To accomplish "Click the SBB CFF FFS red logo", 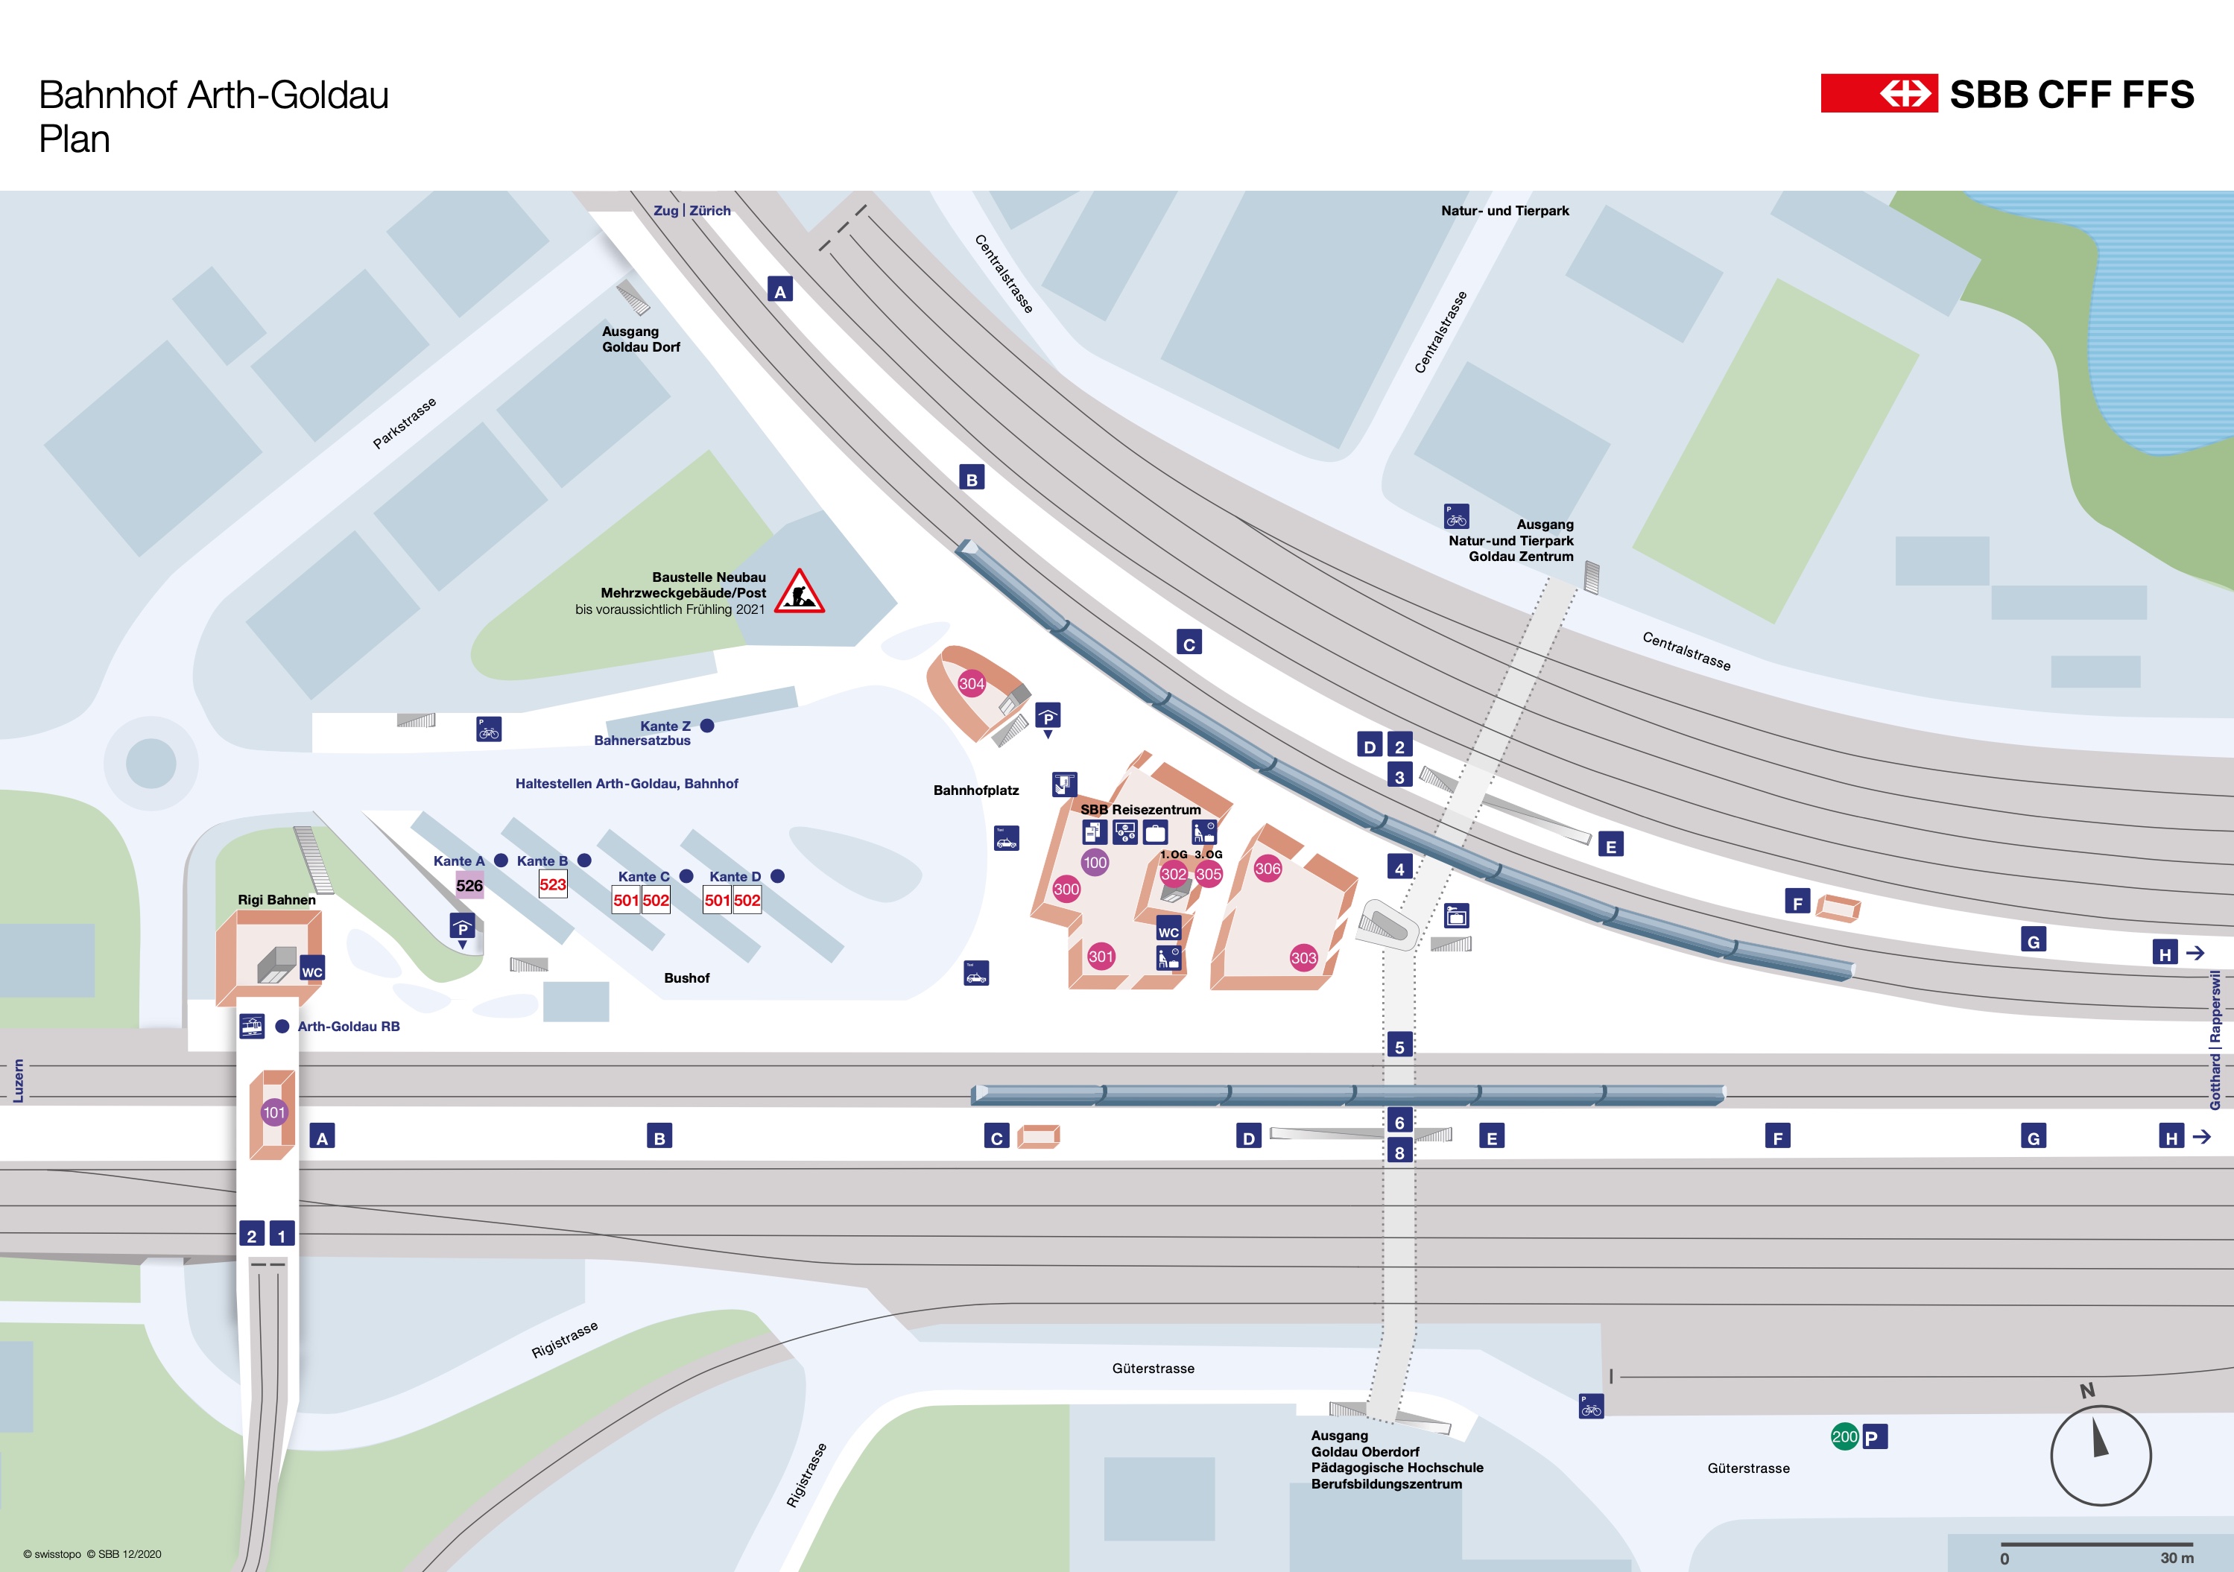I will point(1879,93).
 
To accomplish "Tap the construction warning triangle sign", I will point(799,592).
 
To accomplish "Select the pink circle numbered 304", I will point(971,684).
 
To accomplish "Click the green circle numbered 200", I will point(1844,1437).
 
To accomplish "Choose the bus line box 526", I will point(469,885).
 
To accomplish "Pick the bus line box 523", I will point(553,884).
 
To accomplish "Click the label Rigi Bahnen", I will point(276,900).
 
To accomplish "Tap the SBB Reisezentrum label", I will point(1140,809).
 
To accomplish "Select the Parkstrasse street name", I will point(404,423).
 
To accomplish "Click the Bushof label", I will point(686,977).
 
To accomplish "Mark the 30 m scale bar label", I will point(2177,1557).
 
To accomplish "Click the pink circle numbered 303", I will point(1303,958).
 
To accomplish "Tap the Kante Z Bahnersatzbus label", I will point(644,733).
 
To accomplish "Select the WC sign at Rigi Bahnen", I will point(311,972).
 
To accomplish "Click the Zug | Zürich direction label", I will point(692,210).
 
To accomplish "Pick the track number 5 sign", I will point(1399,1047).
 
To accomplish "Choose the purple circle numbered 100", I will point(1095,862).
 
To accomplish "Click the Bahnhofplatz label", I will point(976,790).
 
